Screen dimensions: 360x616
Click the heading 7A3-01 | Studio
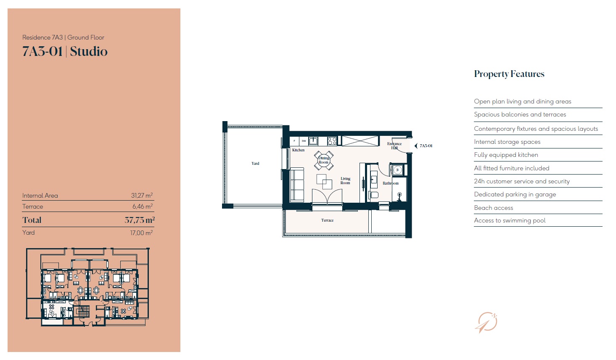pyautogui.click(x=65, y=51)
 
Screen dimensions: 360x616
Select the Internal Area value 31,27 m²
pyautogui.click(x=142, y=196)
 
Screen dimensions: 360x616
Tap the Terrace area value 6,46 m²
pyautogui.click(x=142, y=206)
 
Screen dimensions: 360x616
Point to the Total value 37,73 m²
pyautogui.click(x=140, y=220)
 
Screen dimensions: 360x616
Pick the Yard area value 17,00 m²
pyautogui.click(x=141, y=233)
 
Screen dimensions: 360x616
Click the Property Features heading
pyautogui.click(x=509, y=74)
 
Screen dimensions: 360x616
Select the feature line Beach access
pyautogui.click(x=493, y=208)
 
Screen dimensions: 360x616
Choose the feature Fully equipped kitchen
pyautogui.click(x=506, y=155)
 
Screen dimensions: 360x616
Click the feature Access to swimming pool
pyautogui.click(x=510, y=220)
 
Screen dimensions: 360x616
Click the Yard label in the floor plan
pyautogui.click(x=255, y=164)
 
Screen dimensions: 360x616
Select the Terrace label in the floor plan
pyautogui.click(x=327, y=220)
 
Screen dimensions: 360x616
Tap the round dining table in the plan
pyautogui.click(x=324, y=160)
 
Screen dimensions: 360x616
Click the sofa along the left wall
pyautogui.click(x=297, y=185)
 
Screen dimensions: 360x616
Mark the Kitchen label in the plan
pyautogui.click(x=298, y=150)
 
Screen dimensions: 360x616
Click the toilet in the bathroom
pyautogui.click(x=373, y=195)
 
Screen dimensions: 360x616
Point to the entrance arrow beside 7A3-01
pyautogui.click(x=416, y=146)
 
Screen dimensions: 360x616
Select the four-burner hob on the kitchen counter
pyautogui.click(x=332, y=141)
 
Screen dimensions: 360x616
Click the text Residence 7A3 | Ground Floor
pyautogui.click(x=63, y=37)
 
